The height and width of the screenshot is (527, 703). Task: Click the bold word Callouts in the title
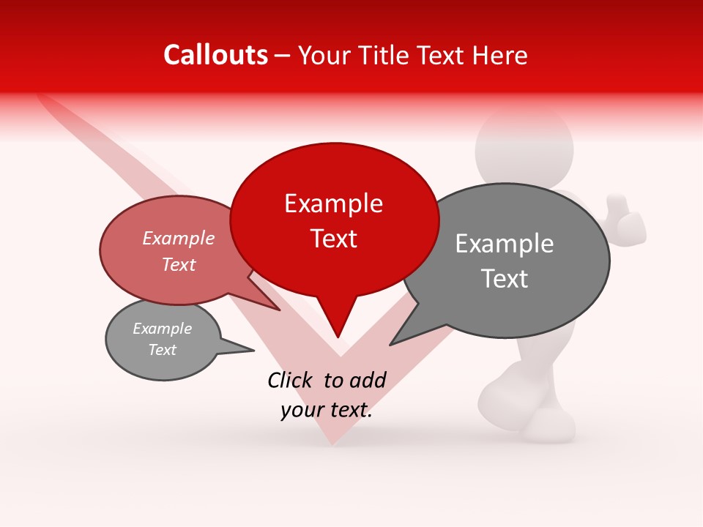point(215,55)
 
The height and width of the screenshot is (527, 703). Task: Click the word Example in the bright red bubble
point(333,204)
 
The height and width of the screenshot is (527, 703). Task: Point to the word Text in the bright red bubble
point(334,239)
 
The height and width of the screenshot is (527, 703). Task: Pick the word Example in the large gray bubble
point(505,244)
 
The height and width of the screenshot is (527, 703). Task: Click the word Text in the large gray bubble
point(505,279)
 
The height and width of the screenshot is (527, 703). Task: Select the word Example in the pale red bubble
point(178,239)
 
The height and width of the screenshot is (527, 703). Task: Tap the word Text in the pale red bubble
point(179,264)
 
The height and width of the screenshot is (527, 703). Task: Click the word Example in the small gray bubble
point(162,329)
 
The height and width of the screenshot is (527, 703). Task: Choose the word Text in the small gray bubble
point(162,350)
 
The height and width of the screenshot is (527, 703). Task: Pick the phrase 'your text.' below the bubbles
point(327,411)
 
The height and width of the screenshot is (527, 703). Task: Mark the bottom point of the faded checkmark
point(332,439)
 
